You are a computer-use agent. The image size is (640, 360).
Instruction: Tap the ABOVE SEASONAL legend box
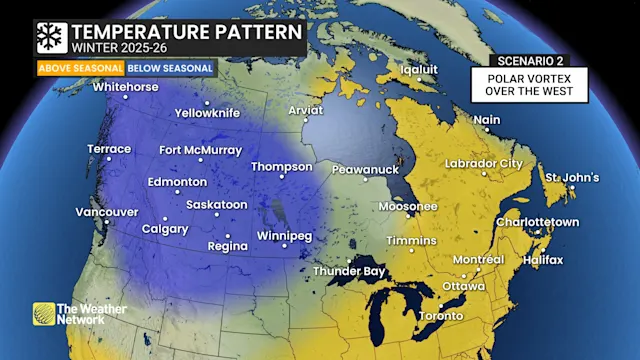click(81, 68)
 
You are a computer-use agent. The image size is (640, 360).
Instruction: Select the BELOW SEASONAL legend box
click(169, 68)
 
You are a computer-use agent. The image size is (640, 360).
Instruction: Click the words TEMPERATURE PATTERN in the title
click(185, 31)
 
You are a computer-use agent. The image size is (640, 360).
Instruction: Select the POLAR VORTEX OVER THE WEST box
click(529, 84)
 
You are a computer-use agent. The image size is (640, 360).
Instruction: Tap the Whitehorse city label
click(125, 87)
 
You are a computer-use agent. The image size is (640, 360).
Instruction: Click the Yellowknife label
click(207, 113)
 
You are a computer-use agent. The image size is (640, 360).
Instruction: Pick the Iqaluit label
click(420, 70)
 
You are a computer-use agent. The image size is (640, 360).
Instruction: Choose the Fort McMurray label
click(200, 151)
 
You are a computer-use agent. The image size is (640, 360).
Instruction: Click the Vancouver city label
click(107, 212)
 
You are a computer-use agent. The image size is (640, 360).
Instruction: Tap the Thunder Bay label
click(349, 271)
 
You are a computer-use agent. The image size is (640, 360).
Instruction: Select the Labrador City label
click(484, 163)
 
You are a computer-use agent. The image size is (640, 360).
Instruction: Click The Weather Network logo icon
click(44, 314)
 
